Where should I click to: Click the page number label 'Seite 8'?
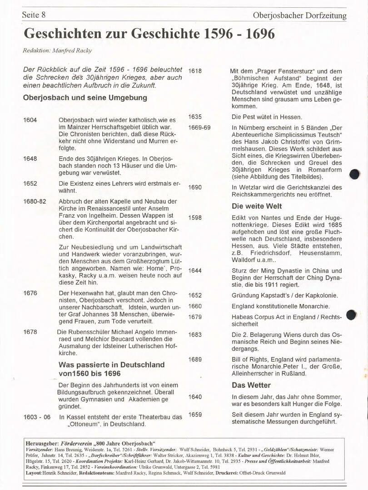coord(34,15)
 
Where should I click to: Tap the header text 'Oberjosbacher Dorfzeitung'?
coord(299,16)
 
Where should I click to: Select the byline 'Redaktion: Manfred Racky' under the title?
coord(57,50)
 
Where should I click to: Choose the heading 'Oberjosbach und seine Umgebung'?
coord(85,98)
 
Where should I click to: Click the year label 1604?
coord(30,120)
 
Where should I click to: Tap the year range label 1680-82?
coord(35,201)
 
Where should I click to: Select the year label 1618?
coord(195,71)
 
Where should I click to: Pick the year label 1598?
coord(195,218)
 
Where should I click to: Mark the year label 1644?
coord(195,271)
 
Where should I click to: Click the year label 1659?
coord(195,415)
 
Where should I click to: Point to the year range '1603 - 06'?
coord(37,417)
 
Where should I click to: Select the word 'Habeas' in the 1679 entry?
coord(244,317)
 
